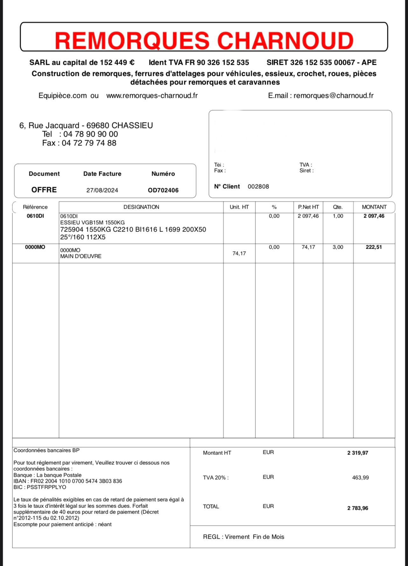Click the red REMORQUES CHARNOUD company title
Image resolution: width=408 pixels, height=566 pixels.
(x=204, y=40)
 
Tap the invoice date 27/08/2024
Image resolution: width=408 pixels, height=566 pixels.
(x=102, y=190)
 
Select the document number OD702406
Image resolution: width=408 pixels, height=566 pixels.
(x=163, y=190)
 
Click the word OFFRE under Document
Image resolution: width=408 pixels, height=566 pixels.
(x=44, y=190)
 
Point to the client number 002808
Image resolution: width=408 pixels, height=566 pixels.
(x=258, y=186)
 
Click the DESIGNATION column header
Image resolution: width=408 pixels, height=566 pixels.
(x=141, y=207)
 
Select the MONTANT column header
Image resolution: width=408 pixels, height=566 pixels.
(x=374, y=207)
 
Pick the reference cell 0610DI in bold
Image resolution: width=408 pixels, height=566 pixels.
(x=35, y=216)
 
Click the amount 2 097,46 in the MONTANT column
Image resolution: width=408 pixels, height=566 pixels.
(x=374, y=216)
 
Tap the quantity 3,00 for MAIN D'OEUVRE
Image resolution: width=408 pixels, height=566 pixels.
(x=338, y=247)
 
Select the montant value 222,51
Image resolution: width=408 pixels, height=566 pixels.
(x=374, y=247)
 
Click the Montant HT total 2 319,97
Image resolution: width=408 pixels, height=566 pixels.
(x=357, y=453)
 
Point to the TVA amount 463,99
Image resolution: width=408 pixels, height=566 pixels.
(x=360, y=478)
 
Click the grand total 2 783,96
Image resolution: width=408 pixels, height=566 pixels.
(x=357, y=508)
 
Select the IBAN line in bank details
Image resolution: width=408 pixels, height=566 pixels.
(x=68, y=481)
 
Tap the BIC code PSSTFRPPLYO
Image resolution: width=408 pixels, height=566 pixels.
(x=46, y=487)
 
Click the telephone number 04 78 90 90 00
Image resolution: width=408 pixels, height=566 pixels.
(x=90, y=134)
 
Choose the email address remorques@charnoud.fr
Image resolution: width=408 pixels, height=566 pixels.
(x=333, y=96)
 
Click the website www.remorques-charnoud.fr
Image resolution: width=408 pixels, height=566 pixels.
(x=152, y=96)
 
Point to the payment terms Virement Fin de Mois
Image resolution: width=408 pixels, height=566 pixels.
(x=254, y=537)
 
